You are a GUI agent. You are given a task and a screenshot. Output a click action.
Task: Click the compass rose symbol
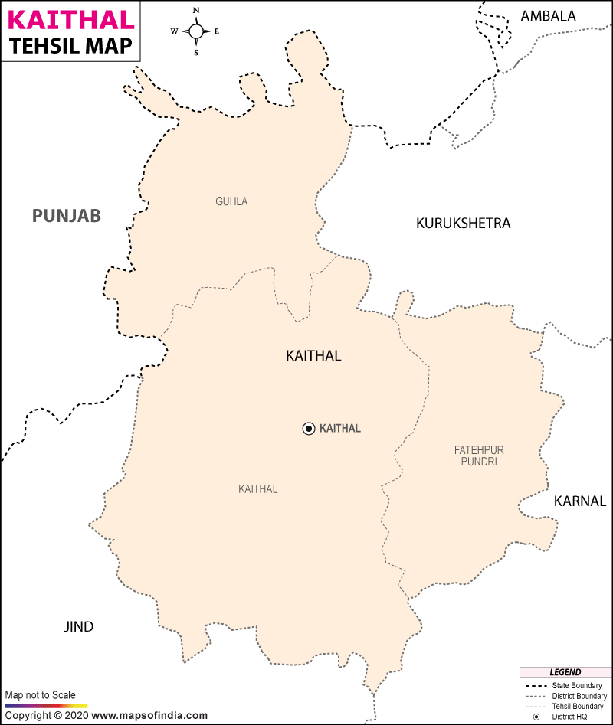196,31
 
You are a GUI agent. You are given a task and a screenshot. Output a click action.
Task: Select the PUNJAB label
66,216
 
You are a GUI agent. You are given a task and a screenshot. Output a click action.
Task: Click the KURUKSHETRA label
463,224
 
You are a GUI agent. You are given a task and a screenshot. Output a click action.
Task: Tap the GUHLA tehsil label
231,202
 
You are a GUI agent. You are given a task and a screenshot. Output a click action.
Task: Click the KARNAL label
579,501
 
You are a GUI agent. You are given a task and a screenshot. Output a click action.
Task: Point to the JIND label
78,627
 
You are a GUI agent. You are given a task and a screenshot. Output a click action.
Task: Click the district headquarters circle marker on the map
308,429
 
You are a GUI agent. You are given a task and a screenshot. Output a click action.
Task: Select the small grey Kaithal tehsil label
257,489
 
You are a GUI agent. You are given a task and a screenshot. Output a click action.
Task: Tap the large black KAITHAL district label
313,355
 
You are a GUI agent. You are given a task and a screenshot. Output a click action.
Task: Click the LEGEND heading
565,672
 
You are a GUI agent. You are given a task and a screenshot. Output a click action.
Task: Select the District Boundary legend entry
579,696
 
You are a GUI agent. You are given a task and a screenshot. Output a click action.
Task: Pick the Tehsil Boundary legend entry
578,706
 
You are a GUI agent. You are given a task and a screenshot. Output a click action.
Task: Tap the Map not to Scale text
41,695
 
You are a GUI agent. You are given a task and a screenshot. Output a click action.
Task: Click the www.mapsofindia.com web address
149,715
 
